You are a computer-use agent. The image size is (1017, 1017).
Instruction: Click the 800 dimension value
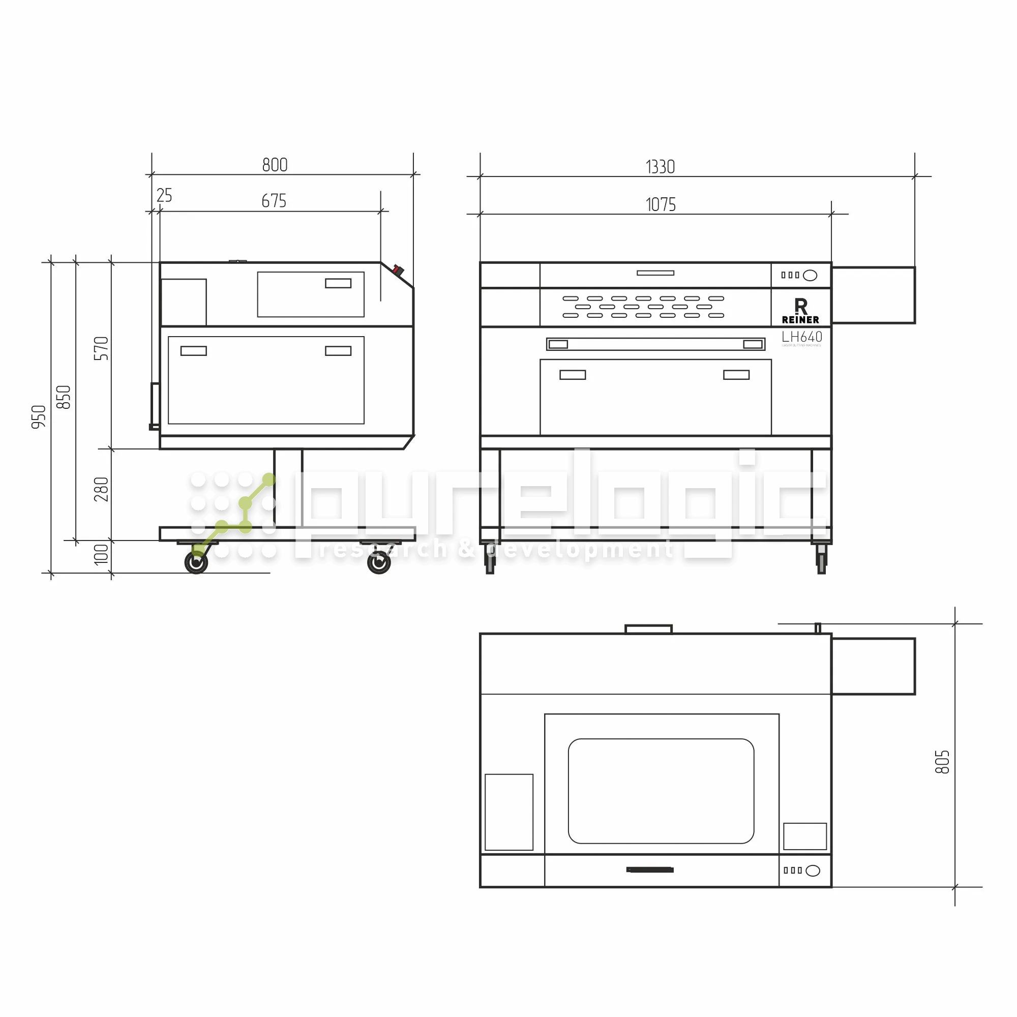pyautogui.click(x=275, y=165)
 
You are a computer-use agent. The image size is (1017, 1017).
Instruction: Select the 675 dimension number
pyautogui.click(x=274, y=200)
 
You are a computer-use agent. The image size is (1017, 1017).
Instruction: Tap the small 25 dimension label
pyautogui.click(x=164, y=195)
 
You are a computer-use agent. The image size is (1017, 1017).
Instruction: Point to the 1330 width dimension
pyautogui.click(x=660, y=167)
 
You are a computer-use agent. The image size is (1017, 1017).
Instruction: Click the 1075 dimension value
pyautogui.click(x=660, y=204)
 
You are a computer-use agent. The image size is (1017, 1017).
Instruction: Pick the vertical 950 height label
pyautogui.click(x=39, y=417)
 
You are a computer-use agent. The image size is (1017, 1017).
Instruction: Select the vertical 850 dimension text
pyautogui.click(x=64, y=397)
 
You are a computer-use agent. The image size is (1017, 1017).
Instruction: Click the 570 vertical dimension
pyautogui.click(x=101, y=348)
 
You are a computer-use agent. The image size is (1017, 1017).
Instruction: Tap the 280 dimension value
pyautogui.click(x=101, y=489)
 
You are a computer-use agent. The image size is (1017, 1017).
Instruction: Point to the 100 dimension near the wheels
pyautogui.click(x=101, y=554)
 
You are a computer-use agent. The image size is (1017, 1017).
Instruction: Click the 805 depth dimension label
pyautogui.click(x=942, y=762)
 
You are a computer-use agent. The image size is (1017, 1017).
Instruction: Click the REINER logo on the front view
pyautogui.click(x=800, y=311)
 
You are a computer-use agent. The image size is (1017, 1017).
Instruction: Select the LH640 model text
pyautogui.click(x=801, y=337)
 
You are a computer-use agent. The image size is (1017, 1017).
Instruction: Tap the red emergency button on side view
pyautogui.click(x=398, y=270)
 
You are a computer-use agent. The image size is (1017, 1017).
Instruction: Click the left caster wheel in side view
pyautogui.click(x=196, y=562)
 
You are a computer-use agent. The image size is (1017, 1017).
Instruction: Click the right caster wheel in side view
pyautogui.click(x=378, y=563)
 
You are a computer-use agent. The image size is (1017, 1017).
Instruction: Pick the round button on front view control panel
pyautogui.click(x=810, y=275)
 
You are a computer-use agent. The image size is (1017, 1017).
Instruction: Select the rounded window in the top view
pyautogui.click(x=661, y=791)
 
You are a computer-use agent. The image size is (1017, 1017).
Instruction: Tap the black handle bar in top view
pyautogui.click(x=649, y=870)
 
